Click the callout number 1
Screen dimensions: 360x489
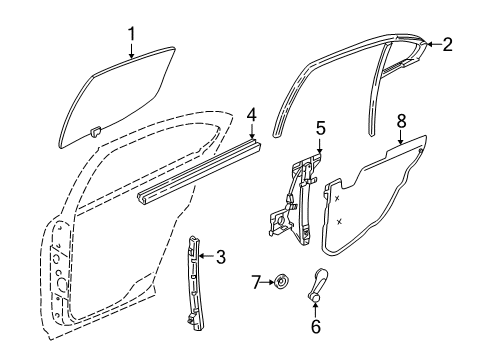pyautogui.click(x=131, y=37)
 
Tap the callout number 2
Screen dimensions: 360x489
pyautogui.click(x=447, y=43)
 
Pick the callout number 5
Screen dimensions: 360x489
pyautogui.click(x=320, y=127)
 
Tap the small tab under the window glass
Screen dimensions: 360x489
pyautogui.click(x=95, y=131)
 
